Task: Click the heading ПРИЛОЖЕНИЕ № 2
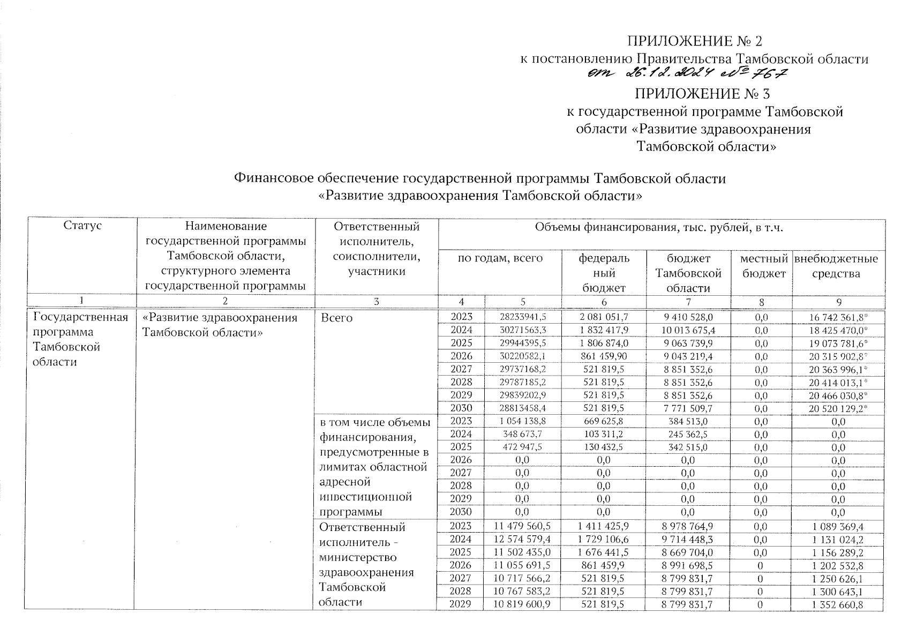click(694, 41)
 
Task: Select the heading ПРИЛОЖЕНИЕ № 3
click(702, 94)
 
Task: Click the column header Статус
click(82, 226)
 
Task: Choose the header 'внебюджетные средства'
click(836, 266)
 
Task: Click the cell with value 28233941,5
click(522, 317)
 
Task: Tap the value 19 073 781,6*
click(838, 343)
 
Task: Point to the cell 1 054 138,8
click(522, 421)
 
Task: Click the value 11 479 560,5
click(522, 527)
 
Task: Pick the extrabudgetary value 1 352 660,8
click(838, 604)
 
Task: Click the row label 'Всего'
click(336, 318)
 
